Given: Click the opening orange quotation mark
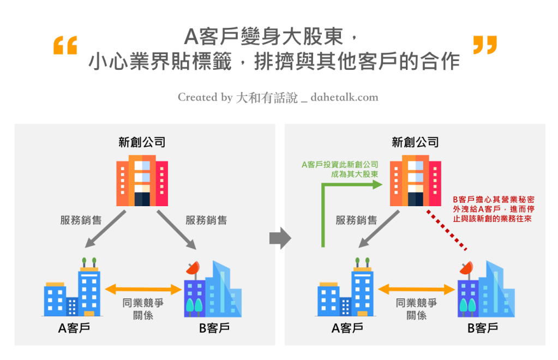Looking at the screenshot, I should [x=65, y=46].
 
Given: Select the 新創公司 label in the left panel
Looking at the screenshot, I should [x=142, y=142].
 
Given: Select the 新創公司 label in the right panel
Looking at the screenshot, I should [x=415, y=142].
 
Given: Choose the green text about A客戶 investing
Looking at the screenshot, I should [x=340, y=169].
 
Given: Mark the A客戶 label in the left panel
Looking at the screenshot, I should [x=74, y=328].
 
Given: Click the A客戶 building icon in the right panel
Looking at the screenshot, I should [x=346, y=289].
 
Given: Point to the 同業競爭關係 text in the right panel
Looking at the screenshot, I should [x=417, y=309].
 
